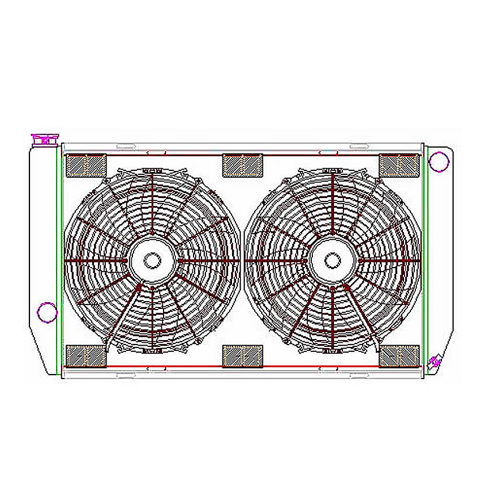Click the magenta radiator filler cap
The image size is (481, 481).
(x=45, y=139)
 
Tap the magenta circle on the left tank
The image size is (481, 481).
(x=46, y=311)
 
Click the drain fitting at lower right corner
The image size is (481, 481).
(x=435, y=360)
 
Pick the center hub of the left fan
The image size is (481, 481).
(x=152, y=260)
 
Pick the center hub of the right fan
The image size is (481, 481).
(x=332, y=260)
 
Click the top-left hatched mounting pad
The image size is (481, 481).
(x=87, y=165)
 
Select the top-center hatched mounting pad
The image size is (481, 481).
(x=243, y=165)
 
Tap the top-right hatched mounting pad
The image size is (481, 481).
(x=399, y=165)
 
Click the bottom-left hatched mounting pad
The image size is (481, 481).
(x=87, y=356)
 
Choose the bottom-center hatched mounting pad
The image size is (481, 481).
(x=243, y=356)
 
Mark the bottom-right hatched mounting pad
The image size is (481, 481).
(x=399, y=356)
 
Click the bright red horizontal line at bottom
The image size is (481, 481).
(x=243, y=367)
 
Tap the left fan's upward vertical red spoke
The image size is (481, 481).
(x=152, y=204)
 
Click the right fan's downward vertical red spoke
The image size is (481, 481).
(x=333, y=317)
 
